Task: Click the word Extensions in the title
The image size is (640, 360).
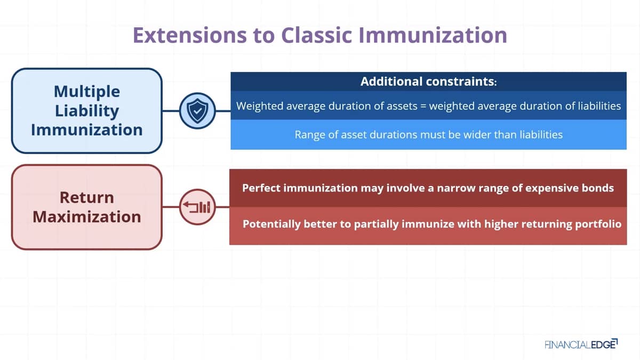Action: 190,35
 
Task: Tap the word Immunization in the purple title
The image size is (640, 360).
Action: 433,35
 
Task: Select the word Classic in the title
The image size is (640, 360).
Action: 316,35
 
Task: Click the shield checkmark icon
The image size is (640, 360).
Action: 197,111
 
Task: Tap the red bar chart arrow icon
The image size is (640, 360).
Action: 197,207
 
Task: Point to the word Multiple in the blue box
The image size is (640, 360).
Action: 87,92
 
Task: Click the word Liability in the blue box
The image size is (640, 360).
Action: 87,111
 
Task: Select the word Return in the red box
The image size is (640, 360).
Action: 87,197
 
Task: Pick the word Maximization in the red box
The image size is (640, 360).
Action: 87,217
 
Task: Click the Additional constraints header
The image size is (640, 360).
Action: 429,82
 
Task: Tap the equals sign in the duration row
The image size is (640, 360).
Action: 423,106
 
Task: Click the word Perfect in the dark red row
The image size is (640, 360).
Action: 261,188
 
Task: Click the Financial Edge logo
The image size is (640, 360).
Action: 581,345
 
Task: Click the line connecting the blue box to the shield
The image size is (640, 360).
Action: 171,111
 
